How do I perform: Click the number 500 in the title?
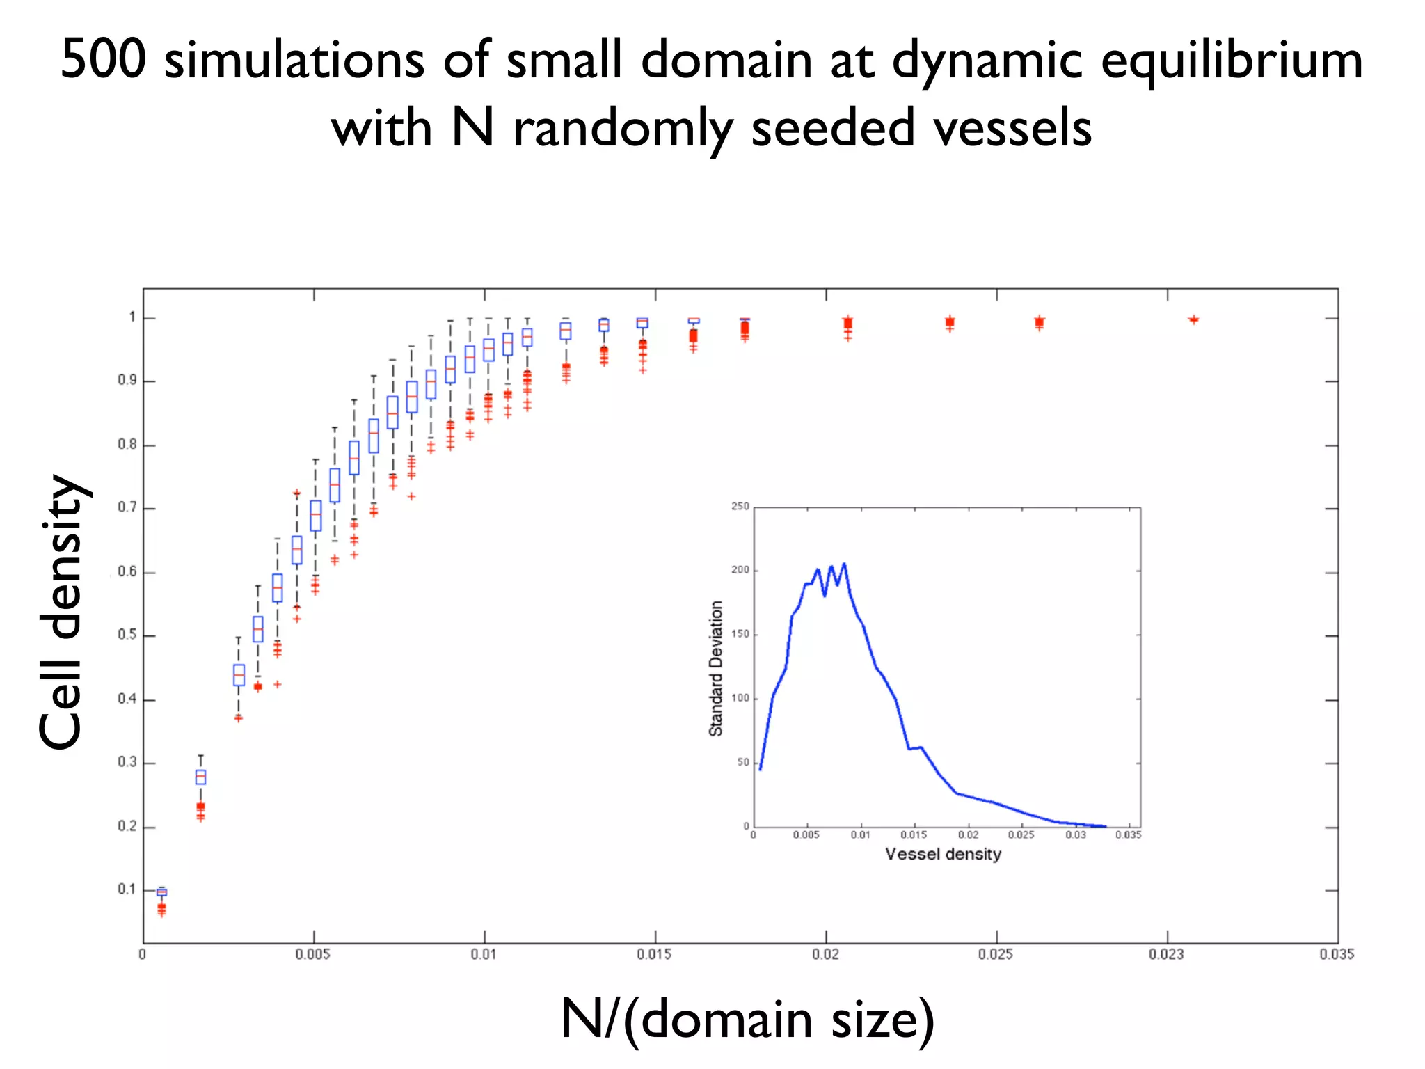click(103, 60)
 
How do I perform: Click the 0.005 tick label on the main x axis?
click(313, 954)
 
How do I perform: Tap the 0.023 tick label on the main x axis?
click(1167, 954)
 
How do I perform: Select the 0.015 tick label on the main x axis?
click(654, 954)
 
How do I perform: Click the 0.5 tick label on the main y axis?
click(127, 635)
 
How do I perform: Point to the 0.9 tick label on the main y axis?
click(127, 380)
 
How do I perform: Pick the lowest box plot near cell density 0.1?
click(161, 892)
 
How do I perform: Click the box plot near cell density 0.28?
click(200, 777)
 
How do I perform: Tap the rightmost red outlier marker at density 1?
click(1193, 319)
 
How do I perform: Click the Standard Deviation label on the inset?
click(716, 668)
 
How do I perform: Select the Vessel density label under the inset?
click(943, 854)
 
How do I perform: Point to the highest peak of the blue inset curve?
click(844, 564)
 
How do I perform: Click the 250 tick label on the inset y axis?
click(740, 506)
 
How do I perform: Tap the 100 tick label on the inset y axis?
click(740, 698)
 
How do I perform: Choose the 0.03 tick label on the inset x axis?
click(1075, 834)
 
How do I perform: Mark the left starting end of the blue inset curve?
click(761, 768)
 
